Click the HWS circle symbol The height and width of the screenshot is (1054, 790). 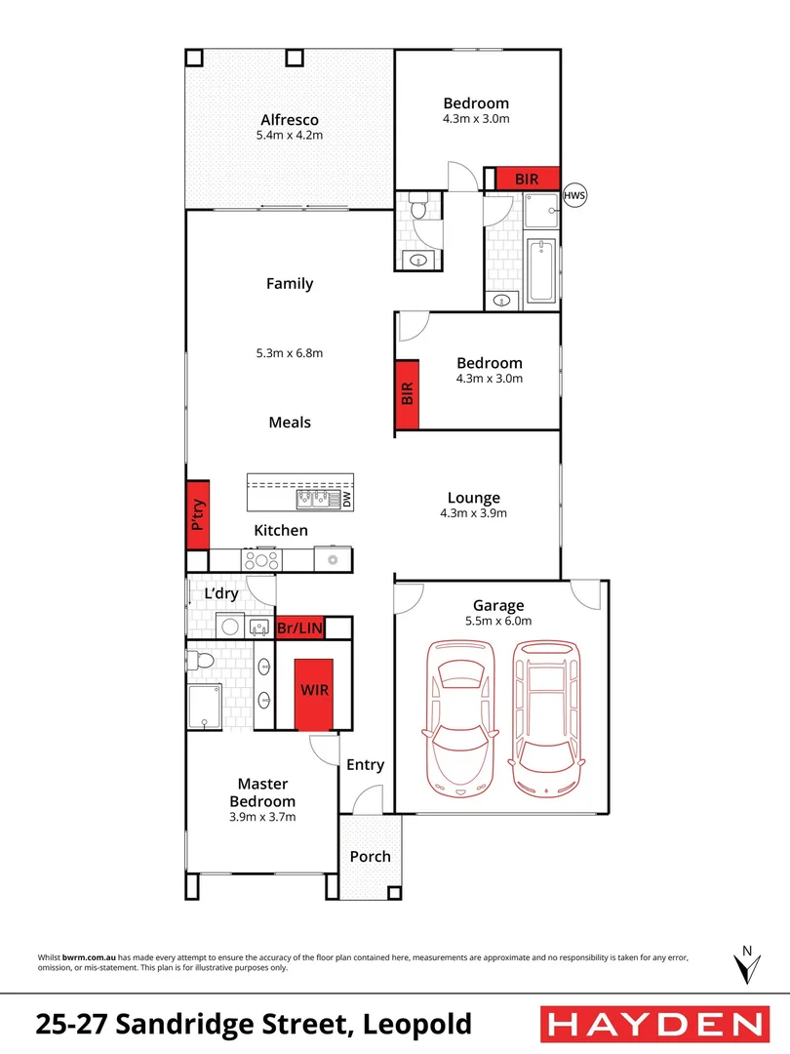tap(573, 197)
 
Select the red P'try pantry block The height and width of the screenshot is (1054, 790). tap(198, 514)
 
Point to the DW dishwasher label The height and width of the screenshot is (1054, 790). tap(346, 499)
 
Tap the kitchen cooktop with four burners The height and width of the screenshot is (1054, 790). tap(261, 560)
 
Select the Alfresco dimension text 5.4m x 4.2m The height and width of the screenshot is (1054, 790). tap(290, 135)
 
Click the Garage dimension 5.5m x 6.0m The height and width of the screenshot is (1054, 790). tap(499, 621)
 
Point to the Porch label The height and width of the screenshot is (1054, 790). tap(370, 857)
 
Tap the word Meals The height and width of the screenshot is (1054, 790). tap(290, 423)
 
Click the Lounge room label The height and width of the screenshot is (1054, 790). tap(474, 498)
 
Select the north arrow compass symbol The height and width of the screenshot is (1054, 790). tap(746, 965)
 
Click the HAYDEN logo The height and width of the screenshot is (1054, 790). tap(652, 1024)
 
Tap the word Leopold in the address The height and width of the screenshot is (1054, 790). tap(417, 1025)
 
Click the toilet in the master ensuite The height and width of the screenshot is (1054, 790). tap(200, 661)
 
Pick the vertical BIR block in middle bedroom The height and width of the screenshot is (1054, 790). tap(407, 393)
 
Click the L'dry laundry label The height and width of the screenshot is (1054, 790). tap(222, 593)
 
